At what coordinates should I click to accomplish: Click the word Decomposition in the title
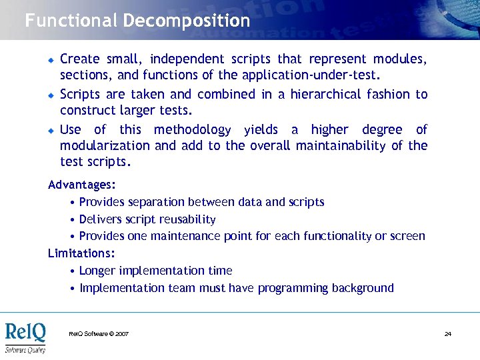point(186,21)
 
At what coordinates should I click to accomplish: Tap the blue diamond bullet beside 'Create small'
point(50,59)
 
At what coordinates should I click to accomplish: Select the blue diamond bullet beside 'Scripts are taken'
point(50,95)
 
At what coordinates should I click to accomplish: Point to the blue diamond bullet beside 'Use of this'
point(50,130)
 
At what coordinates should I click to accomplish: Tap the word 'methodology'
point(192,130)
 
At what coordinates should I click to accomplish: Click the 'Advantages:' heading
point(77,184)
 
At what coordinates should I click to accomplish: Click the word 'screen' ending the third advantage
point(407,236)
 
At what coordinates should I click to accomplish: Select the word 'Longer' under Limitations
point(96,271)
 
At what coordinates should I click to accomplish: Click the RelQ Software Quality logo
point(25,336)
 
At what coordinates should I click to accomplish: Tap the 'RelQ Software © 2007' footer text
point(99,333)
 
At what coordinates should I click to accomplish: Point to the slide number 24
point(448,333)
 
